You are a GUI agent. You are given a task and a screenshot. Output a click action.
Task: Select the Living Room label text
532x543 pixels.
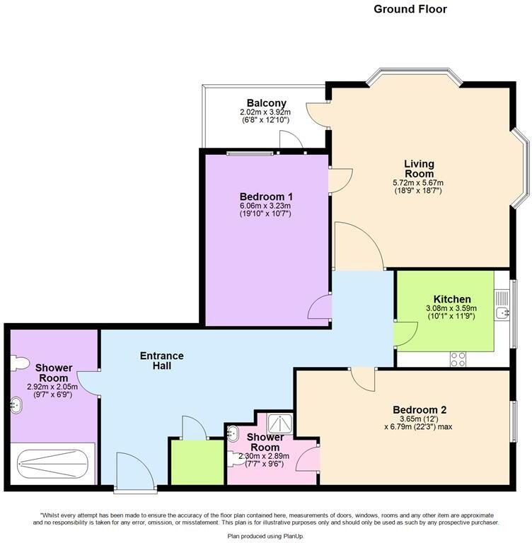(x=419, y=169)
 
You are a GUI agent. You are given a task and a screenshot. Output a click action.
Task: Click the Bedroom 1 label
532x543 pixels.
(x=266, y=197)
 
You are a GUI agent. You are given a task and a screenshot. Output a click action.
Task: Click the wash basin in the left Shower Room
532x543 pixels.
(x=17, y=405)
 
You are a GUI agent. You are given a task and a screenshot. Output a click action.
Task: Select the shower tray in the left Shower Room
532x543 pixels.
(x=54, y=465)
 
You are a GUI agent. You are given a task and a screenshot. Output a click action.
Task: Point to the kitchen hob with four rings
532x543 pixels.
(x=458, y=358)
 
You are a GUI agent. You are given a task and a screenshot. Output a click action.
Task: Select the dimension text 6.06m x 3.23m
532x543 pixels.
(x=266, y=206)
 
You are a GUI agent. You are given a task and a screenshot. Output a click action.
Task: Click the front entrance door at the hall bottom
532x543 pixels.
(x=134, y=473)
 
